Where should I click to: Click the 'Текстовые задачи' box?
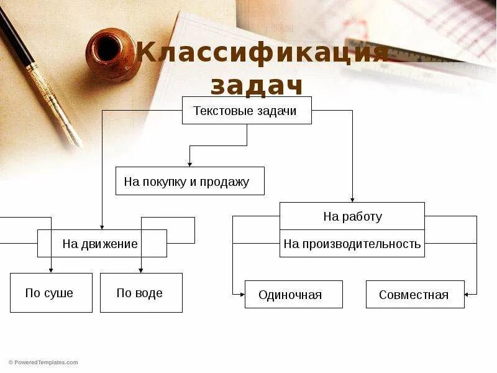coord(247,111)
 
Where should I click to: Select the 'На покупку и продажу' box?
coord(189,181)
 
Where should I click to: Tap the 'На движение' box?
coord(102,243)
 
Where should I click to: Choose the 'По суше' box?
coord(51,293)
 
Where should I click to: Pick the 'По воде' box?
coord(141,293)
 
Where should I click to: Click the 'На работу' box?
coord(352,216)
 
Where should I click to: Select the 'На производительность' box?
coord(352,244)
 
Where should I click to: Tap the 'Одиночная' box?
coord(293,294)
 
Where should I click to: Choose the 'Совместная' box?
coord(415,294)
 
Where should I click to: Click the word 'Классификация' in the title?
coord(263,53)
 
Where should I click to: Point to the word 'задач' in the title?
coord(256,86)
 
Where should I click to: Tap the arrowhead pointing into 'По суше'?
coord(51,270)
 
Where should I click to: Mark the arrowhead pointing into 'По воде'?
coord(141,270)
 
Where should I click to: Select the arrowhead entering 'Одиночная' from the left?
coord(242,294)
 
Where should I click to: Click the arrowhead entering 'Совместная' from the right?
coord(467,294)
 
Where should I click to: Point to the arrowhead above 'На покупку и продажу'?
coord(189,164)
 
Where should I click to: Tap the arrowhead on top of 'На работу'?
coord(352,200)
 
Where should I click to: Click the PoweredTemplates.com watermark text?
coord(43,362)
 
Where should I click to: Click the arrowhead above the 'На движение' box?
coord(102,227)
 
